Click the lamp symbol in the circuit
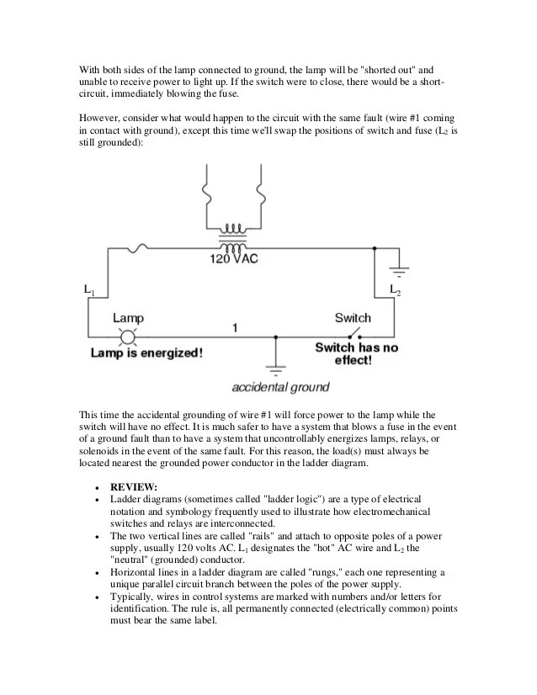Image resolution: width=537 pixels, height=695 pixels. (x=129, y=337)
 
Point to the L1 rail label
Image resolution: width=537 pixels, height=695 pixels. (x=89, y=290)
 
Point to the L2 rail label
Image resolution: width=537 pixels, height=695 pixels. (x=395, y=290)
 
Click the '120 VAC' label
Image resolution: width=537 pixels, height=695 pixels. (x=234, y=260)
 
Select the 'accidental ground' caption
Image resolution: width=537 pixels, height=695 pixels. (x=280, y=388)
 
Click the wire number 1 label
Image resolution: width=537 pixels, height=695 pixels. (x=236, y=326)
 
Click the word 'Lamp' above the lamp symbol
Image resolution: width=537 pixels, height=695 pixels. (x=128, y=318)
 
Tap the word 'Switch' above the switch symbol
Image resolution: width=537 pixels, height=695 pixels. (x=352, y=318)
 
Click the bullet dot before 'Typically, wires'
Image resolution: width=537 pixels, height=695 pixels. (x=99, y=595)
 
